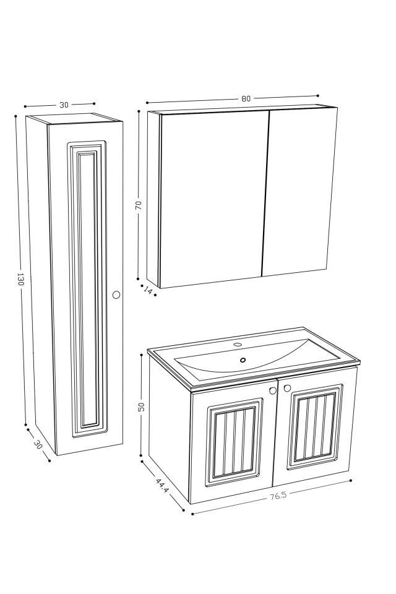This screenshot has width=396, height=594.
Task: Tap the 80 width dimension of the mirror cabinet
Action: (246, 99)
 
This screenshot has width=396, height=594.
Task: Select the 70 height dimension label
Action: (139, 205)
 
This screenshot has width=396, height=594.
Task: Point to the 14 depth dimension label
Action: (148, 290)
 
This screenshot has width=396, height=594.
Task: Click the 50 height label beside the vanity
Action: (142, 407)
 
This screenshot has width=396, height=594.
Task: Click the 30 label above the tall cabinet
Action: (64, 105)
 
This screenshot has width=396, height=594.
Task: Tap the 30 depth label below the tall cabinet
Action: (38, 444)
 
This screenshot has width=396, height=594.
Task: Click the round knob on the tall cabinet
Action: (116, 295)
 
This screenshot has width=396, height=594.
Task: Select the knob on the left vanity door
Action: (273, 390)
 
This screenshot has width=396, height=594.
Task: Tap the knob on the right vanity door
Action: (287, 388)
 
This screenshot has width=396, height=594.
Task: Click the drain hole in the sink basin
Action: (243, 359)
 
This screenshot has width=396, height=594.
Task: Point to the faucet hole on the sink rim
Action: (238, 345)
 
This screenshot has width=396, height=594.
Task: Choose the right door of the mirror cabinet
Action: (300, 192)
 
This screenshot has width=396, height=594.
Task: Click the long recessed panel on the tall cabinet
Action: (87, 288)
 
